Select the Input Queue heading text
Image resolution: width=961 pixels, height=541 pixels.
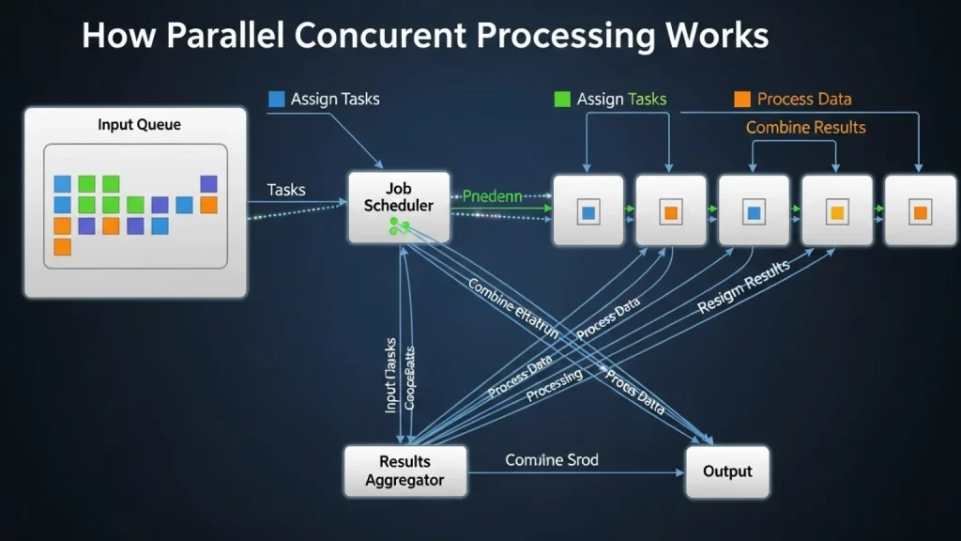[x=139, y=125]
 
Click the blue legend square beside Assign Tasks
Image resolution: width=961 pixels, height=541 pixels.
[x=276, y=99]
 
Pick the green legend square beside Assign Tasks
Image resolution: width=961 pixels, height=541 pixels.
[x=562, y=99]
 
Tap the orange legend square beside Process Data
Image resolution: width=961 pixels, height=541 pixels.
[x=741, y=99]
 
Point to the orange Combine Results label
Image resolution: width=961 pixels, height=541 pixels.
[x=805, y=127]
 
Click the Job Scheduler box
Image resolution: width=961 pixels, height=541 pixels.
[x=399, y=207]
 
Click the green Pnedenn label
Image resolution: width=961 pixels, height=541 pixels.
[x=492, y=197]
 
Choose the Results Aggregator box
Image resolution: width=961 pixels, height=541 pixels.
[x=404, y=471]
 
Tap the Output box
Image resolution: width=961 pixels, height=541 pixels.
[x=727, y=471]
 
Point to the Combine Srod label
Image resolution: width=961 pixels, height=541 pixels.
[x=552, y=460]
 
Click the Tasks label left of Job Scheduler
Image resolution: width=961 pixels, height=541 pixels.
[x=286, y=190]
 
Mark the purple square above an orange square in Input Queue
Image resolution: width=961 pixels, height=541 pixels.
[x=208, y=184]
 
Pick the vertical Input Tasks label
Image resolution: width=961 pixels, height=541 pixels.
[x=391, y=376]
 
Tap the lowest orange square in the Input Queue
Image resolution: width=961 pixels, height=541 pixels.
[x=63, y=247]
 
